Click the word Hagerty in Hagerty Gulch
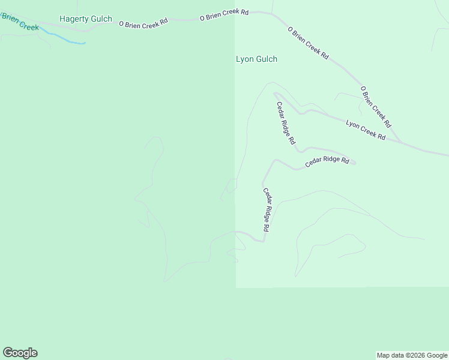[x=73, y=19]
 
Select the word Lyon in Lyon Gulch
[x=244, y=59]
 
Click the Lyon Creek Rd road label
[x=366, y=130]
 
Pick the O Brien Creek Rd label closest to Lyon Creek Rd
[x=376, y=107]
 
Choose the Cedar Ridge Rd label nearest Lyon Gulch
[x=286, y=123]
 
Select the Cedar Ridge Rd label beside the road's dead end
[x=327, y=161]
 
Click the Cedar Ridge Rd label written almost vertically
[x=266, y=210]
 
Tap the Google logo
[x=20, y=353]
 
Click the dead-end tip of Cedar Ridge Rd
[x=355, y=162]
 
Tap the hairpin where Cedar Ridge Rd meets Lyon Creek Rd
[x=275, y=94]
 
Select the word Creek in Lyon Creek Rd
[x=366, y=130]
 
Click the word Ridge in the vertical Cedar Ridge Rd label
[x=266, y=211]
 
